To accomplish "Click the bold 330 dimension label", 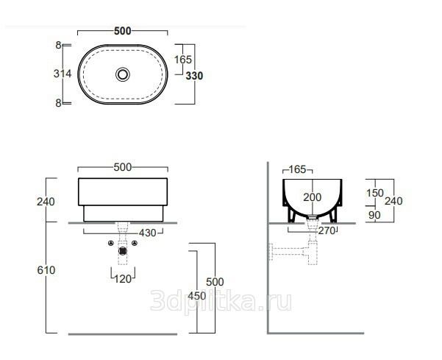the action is pos(194,76).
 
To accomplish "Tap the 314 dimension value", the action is pos(63,74).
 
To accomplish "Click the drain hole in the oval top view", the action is pos(123,74).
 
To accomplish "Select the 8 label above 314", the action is pos(58,45).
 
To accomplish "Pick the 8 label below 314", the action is pos(58,103).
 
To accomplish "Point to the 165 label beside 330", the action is pos(182,60).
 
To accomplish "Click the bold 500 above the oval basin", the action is pos(123,31).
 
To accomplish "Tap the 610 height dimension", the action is pos(46,270).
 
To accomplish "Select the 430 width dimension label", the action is pos(147,233).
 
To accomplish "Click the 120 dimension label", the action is pos(123,279).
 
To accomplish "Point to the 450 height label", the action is pos(196,296).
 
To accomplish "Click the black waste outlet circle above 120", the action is pos(123,251).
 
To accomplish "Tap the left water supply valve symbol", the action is pos(111,243).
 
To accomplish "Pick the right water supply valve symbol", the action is pos(135,243).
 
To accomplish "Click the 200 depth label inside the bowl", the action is pos(313,197).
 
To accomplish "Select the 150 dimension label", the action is pos(375,193).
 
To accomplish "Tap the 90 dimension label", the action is pos(374,215).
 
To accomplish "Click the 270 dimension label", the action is pos(327,230).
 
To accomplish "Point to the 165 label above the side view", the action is pos(297,169).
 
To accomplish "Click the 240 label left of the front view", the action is pos(46,202).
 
